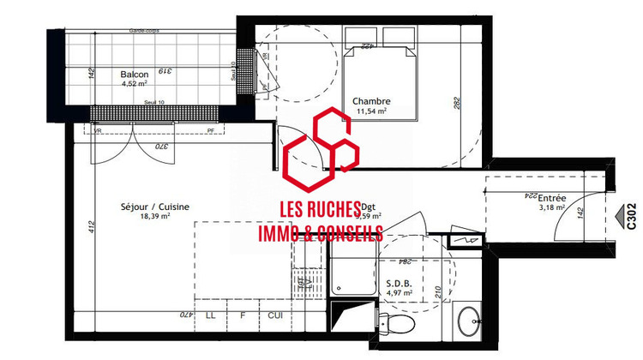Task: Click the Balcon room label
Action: tap(135, 75)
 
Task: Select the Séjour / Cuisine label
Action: tap(154, 207)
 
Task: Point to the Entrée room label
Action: tap(551, 197)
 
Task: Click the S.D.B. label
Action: tap(400, 284)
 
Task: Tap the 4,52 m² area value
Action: tap(135, 84)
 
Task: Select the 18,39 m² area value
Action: tap(154, 217)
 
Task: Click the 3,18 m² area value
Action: tap(551, 207)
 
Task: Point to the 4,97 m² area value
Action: tap(400, 294)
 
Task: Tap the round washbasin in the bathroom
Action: tap(469, 324)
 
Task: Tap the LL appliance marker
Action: tap(211, 315)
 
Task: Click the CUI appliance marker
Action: tap(275, 315)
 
